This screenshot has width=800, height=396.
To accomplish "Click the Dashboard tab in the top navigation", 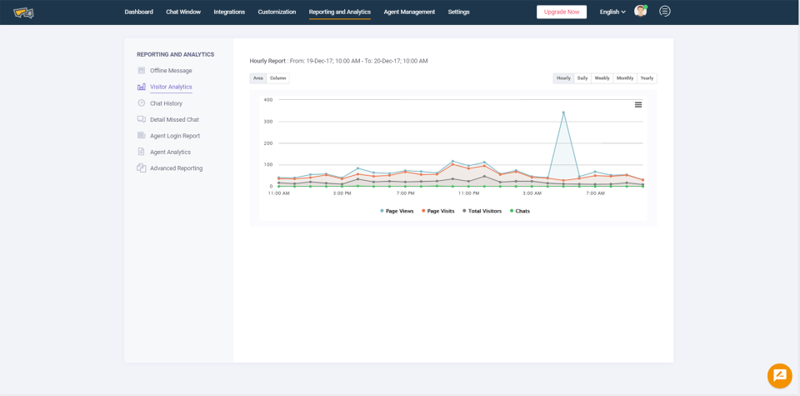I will (138, 12).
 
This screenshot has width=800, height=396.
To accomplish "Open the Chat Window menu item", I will (183, 12).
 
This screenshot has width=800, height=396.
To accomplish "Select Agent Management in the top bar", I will (409, 12).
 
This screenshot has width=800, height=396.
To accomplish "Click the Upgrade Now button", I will (562, 12).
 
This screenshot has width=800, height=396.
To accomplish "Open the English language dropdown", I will (612, 12).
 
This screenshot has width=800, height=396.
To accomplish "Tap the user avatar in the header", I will (640, 11).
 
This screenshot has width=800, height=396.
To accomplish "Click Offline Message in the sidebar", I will (171, 71).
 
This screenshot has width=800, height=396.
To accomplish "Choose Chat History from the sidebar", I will (166, 103).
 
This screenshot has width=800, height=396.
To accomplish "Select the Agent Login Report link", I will (175, 136).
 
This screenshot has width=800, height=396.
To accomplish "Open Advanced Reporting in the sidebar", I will (176, 168).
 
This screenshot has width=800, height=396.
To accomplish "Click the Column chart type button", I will (278, 78).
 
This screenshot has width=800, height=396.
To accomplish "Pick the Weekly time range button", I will (602, 78).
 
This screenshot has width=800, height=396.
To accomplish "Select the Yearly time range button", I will (647, 78).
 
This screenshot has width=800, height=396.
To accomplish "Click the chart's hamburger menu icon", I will (638, 105).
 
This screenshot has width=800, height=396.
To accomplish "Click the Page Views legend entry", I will (397, 211).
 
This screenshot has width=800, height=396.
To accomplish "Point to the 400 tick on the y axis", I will (268, 100).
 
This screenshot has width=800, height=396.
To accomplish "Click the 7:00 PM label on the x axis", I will (406, 193).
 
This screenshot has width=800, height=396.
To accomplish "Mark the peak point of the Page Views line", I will (563, 113).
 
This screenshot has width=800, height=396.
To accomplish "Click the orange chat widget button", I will (780, 376).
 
